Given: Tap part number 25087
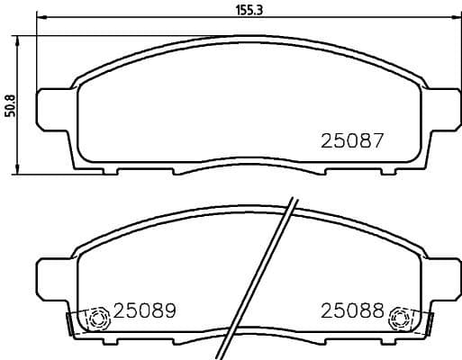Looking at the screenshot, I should click(x=353, y=141).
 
